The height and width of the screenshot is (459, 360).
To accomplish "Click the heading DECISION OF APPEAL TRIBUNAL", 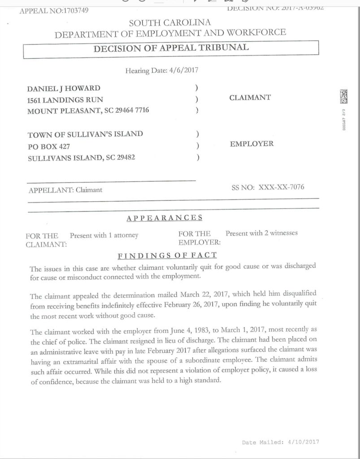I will (171, 48).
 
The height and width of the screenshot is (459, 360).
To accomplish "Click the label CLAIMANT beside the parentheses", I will (250, 98).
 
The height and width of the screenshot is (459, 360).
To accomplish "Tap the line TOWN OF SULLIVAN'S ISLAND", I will (85, 134).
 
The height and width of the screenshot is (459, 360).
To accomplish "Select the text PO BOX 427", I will (48, 146).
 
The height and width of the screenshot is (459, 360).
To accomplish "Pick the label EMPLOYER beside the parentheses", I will (252, 144).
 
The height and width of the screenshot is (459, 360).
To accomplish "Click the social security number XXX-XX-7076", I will (281, 187).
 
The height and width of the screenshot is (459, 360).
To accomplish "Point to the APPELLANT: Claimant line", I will (65, 190).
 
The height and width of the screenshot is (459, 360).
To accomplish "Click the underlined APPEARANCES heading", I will (165, 218).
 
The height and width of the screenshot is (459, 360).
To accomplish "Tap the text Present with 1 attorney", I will (104, 235).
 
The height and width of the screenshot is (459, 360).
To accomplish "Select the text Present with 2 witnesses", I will (261, 233).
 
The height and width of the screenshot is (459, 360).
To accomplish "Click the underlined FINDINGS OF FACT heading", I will (167, 255).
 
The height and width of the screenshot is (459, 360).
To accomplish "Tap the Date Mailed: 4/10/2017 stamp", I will (280, 442).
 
